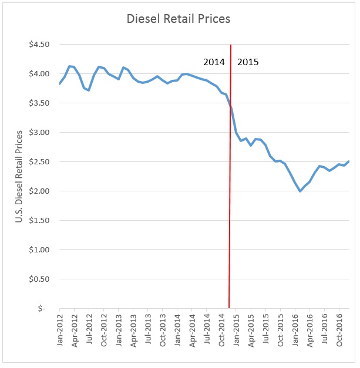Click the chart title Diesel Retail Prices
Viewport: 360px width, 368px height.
(x=179, y=19)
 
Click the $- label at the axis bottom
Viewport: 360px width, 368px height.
(x=42, y=309)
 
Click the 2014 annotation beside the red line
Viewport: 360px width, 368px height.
(x=213, y=62)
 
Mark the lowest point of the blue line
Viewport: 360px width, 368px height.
(x=300, y=191)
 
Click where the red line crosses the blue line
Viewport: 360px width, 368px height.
(x=230, y=106)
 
